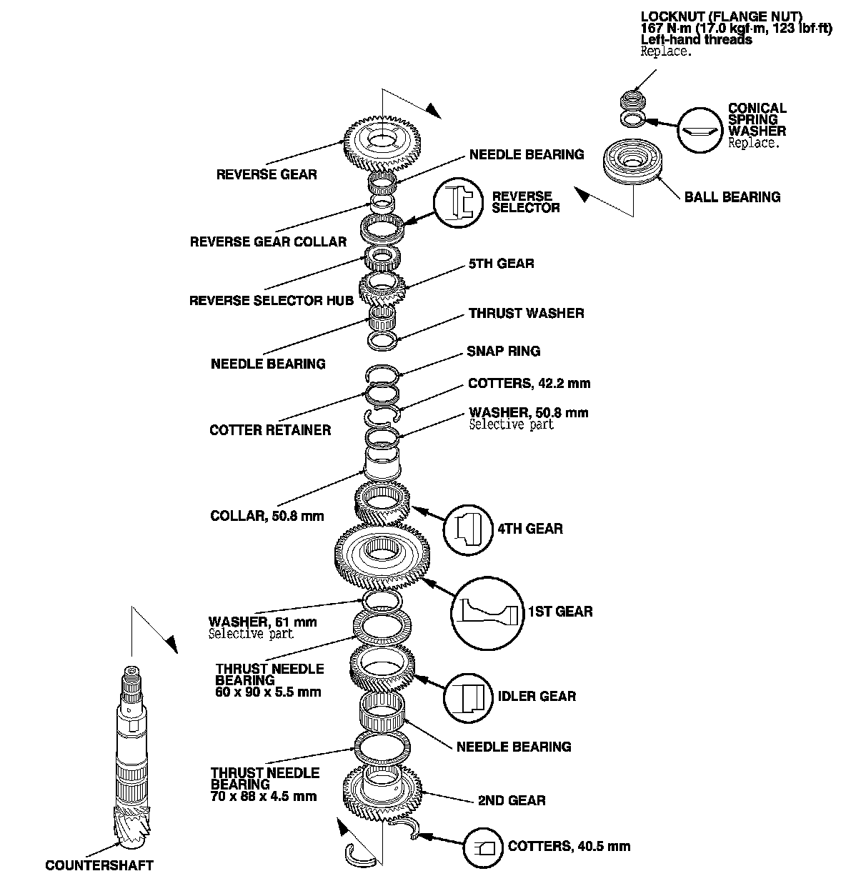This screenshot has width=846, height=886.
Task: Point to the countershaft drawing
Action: coord(134,757)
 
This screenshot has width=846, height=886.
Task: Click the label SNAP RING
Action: coord(503,351)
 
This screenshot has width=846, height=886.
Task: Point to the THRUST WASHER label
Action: coord(526,313)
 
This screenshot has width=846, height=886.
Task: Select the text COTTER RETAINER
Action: coord(270,429)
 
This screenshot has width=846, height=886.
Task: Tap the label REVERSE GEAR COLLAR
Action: coord(268,242)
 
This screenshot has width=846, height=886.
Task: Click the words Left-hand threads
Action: coord(696,40)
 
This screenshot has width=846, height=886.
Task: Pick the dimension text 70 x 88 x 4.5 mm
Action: coord(264,796)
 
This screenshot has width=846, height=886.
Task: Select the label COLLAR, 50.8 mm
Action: coord(267,515)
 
